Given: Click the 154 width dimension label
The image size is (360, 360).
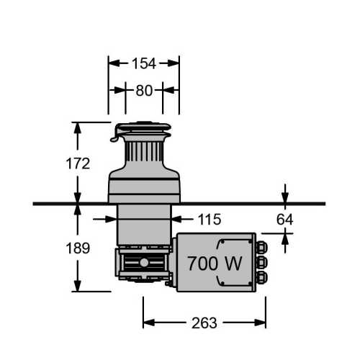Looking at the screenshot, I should (144, 63).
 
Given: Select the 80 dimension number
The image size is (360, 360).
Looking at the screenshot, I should (144, 91).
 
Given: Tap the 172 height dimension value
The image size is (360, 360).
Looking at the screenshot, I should (77, 164).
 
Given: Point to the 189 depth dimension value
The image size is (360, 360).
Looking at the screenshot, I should (77, 248).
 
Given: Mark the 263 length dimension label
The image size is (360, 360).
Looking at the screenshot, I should (205, 323).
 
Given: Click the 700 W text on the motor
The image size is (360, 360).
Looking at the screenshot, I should (215, 264).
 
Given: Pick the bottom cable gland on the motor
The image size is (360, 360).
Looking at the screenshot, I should (262, 276).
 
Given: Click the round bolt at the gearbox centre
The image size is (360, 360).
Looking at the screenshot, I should (144, 263).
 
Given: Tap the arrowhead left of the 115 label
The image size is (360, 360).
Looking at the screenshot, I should (107, 219).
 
